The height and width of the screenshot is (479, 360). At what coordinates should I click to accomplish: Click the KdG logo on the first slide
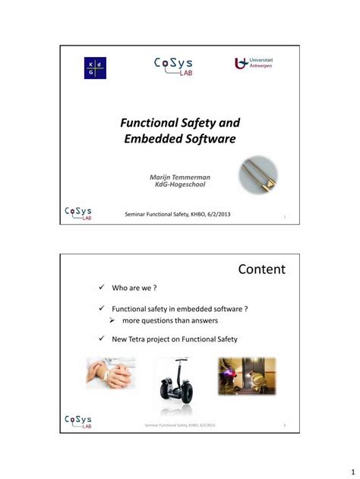point(95,68)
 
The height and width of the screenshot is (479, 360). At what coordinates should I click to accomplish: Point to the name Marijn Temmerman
point(180,176)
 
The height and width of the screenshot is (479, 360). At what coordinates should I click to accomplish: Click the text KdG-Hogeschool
point(180,184)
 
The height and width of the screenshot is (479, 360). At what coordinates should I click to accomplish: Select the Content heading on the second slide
point(261,269)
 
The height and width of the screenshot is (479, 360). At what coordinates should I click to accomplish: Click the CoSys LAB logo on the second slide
point(78,421)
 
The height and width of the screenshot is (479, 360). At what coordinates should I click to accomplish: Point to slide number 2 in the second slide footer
point(284,425)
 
